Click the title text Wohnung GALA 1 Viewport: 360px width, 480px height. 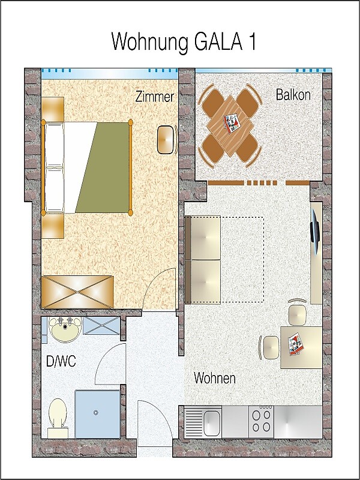[184, 41]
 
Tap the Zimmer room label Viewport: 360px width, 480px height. [155, 97]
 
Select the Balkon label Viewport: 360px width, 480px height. [293, 95]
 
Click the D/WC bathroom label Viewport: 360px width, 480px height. [61, 362]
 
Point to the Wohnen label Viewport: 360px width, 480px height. [215, 378]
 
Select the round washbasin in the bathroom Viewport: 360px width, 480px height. [65, 329]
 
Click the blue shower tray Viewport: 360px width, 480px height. [97, 414]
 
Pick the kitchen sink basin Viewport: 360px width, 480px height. [212, 423]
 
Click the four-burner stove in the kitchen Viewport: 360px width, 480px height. [261, 422]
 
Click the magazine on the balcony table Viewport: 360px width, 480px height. [232, 124]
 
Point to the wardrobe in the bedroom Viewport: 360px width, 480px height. [77, 292]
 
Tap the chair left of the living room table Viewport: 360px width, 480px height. [269, 347]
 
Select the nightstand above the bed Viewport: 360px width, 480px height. [53, 109]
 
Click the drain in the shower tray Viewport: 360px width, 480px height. [96, 413]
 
